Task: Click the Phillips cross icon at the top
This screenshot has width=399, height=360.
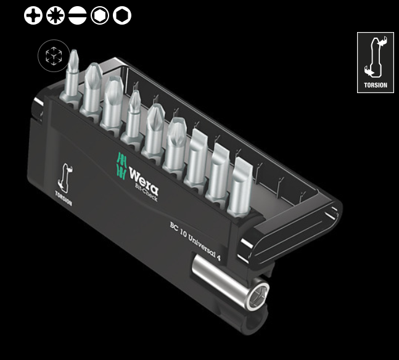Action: coord(33,15)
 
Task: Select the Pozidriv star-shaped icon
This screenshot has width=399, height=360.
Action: coord(55,15)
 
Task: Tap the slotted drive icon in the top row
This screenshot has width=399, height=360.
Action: coord(77,15)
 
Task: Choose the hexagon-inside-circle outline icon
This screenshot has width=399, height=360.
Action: coord(99,15)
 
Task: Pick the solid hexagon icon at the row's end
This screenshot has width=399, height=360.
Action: coord(122,15)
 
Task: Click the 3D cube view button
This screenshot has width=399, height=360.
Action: coord(51,56)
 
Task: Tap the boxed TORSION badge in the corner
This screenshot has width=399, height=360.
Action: coord(375,62)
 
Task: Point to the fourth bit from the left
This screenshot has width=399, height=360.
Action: coord(134,117)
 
